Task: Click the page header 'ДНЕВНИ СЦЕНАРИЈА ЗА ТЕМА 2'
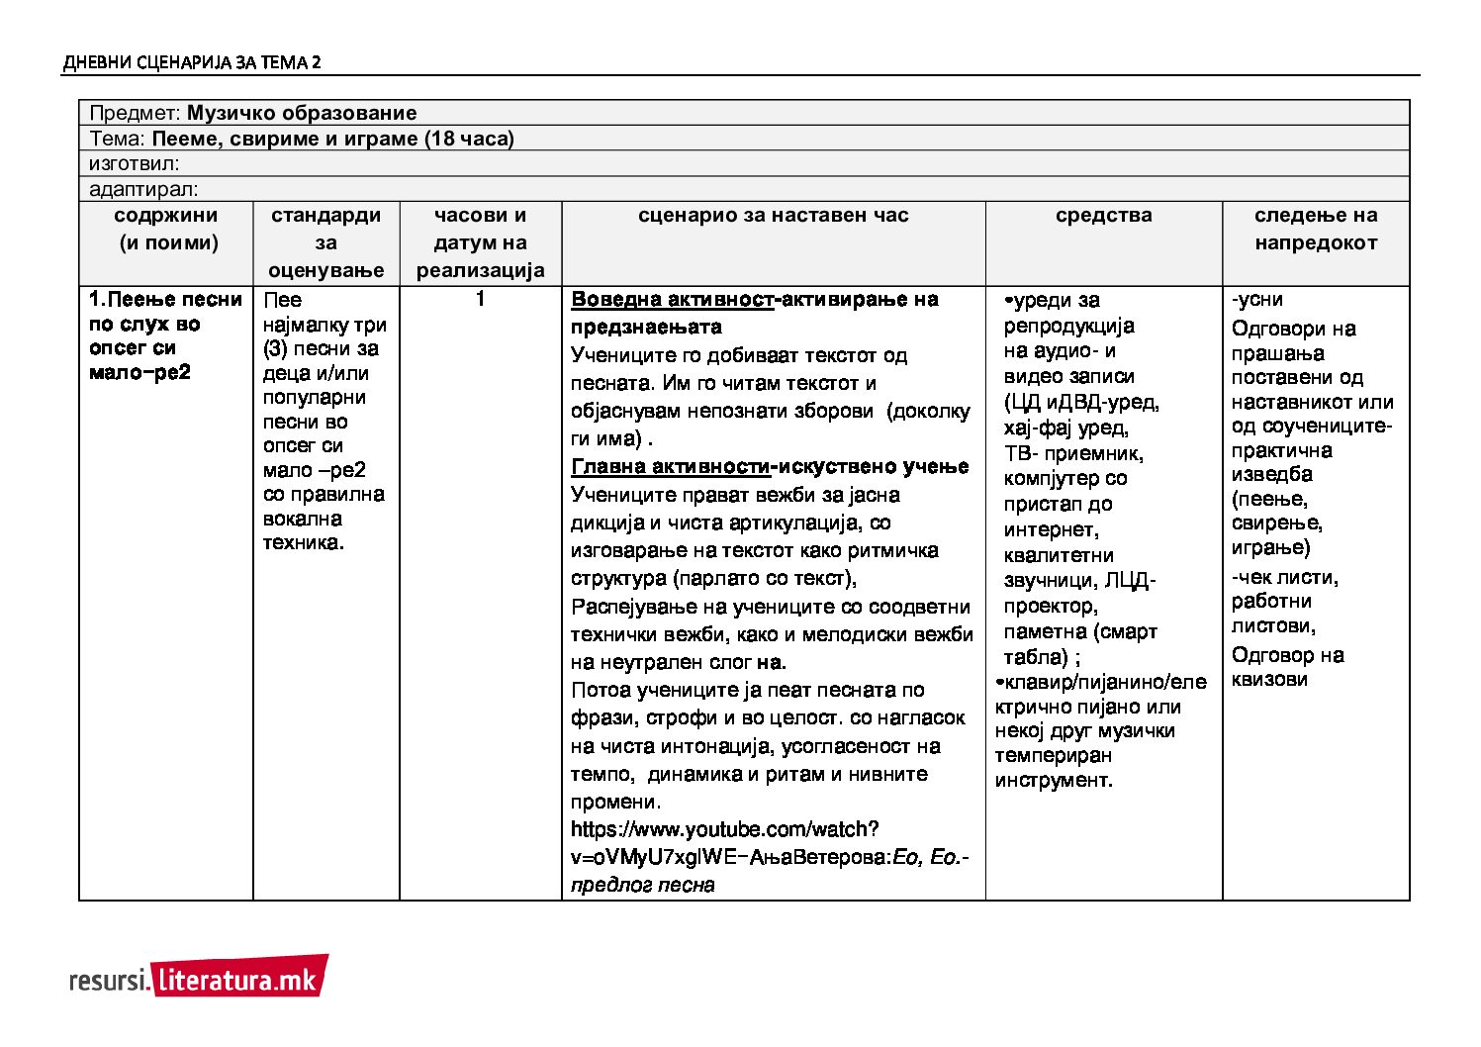point(191,63)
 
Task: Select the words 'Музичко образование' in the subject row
point(301,113)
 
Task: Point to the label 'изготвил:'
point(135,164)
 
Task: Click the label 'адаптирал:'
point(143,189)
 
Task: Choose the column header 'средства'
point(1103,216)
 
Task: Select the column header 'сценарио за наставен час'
point(773,216)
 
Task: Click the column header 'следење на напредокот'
point(1315,230)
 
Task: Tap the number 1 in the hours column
point(480,299)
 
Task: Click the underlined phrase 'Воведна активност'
point(672,300)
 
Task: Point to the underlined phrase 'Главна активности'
point(670,467)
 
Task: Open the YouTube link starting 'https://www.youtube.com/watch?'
point(724,829)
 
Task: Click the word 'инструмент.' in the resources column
point(1054,780)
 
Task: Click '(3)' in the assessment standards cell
point(274,348)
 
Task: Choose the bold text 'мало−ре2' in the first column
point(139,373)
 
